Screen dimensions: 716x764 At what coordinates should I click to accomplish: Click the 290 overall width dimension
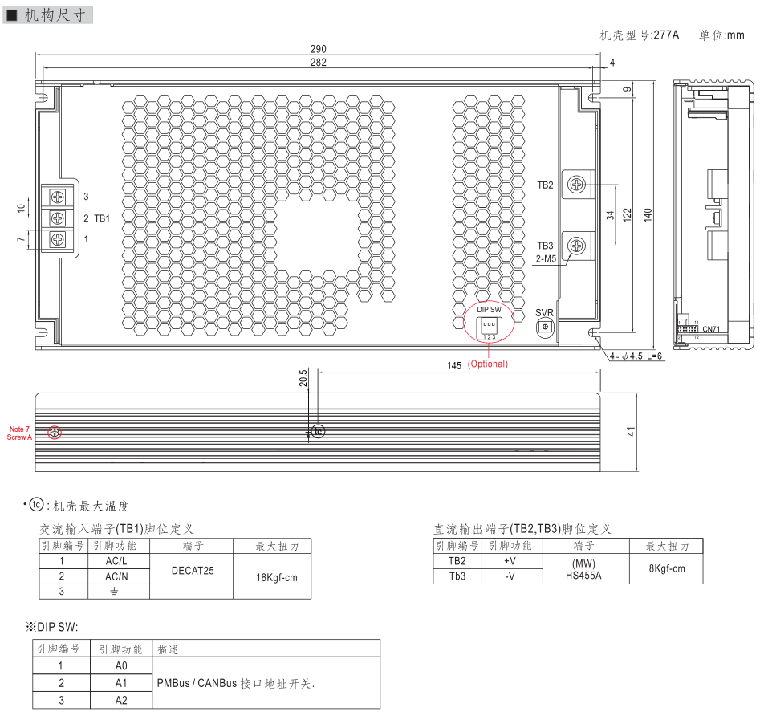point(319,50)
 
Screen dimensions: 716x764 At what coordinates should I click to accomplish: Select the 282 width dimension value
point(319,63)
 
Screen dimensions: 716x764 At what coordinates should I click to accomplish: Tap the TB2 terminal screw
point(575,185)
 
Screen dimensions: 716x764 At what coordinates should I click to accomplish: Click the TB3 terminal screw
point(575,245)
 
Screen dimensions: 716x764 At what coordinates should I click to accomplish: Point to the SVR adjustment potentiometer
point(545,327)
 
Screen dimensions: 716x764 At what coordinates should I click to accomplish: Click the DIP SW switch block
point(488,325)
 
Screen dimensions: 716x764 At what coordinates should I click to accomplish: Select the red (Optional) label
point(488,364)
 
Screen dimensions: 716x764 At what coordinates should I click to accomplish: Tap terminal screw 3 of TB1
point(58,197)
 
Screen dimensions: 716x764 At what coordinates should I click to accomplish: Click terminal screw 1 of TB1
point(58,238)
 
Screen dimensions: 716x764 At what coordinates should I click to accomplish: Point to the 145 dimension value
point(454,365)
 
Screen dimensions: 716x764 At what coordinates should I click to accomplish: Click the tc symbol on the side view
point(319,432)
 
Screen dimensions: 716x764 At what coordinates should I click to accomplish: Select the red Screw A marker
point(55,433)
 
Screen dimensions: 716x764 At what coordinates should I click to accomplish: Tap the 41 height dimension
point(632,431)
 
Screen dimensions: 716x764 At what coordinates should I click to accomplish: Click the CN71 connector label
point(711,329)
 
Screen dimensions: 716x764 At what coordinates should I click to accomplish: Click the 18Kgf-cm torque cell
point(271,576)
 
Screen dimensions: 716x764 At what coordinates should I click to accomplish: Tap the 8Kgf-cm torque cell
point(667,568)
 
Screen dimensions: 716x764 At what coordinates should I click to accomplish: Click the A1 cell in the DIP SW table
point(121,682)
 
